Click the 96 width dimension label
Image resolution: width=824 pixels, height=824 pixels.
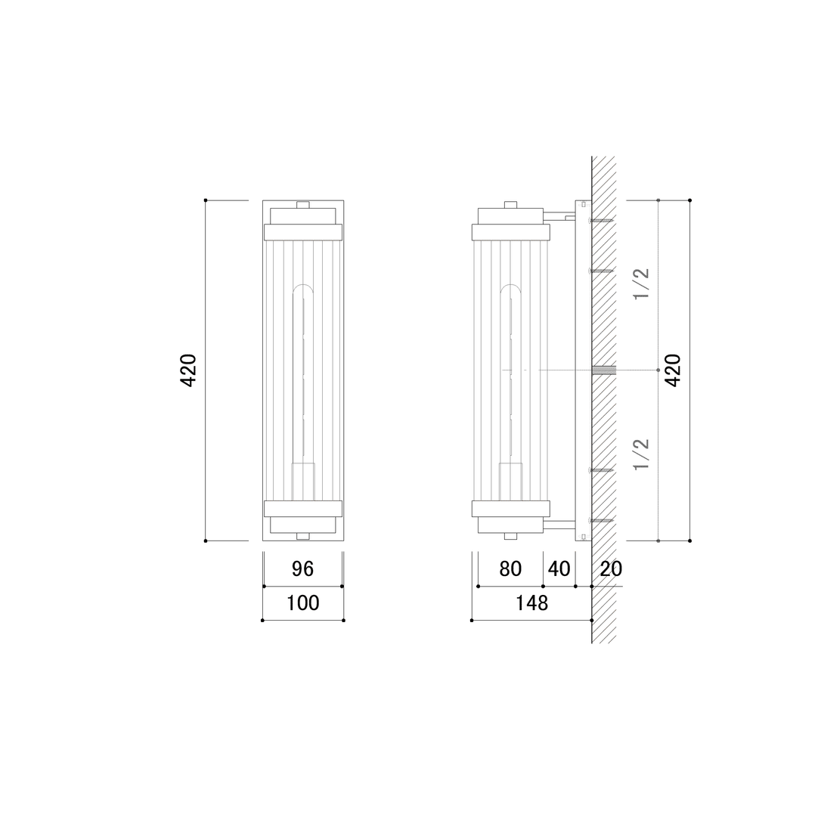click(302, 569)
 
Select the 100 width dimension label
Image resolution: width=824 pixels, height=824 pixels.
click(302, 603)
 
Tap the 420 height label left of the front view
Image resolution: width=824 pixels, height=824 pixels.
click(189, 370)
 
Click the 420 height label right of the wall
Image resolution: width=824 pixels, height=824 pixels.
click(673, 370)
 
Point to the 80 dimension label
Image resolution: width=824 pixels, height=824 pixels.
click(510, 569)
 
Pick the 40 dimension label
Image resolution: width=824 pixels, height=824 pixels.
click(559, 569)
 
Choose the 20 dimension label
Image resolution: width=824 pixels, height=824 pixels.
click(611, 569)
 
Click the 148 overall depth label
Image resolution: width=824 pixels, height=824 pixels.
click(531, 603)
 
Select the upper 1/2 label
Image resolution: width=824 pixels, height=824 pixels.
click(642, 283)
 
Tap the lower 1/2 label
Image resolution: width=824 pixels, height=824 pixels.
click(642, 454)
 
